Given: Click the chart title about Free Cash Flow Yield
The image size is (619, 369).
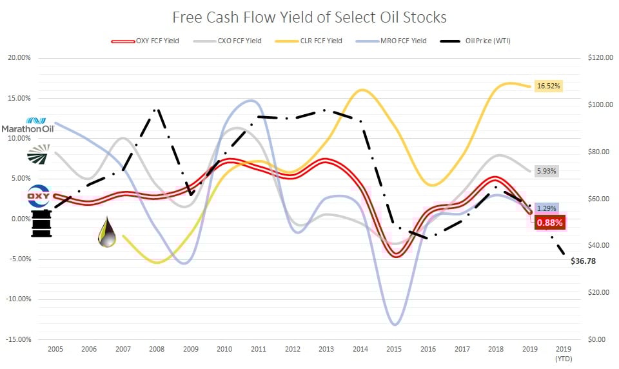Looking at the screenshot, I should click(309, 16).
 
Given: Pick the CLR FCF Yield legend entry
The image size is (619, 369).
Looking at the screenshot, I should click(321, 41).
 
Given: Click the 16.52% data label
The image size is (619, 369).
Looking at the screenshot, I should click(550, 86).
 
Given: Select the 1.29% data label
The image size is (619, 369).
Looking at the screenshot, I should click(545, 209).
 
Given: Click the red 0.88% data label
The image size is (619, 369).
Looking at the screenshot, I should click(549, 223).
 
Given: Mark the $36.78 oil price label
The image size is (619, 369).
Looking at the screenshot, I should click(584, 261).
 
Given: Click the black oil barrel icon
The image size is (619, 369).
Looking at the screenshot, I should click(41, 223).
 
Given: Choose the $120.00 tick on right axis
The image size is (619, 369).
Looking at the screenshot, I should click(600, 58).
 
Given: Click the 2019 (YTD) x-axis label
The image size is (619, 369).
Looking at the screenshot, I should click(563, 354).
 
